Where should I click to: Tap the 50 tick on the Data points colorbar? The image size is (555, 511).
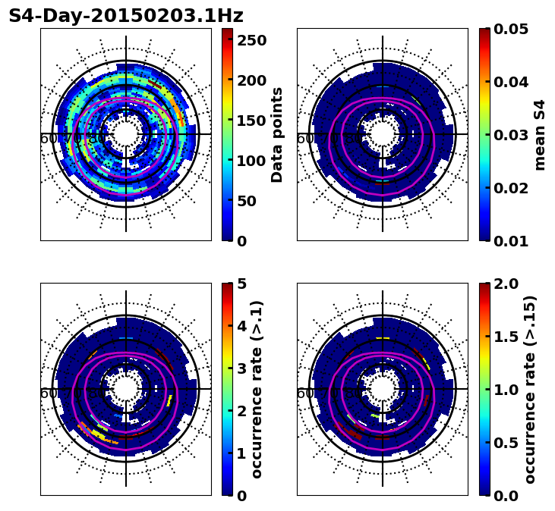coord(248,201)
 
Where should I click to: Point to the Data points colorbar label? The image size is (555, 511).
coord(277,134)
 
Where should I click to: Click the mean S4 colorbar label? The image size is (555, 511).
coord(540,134)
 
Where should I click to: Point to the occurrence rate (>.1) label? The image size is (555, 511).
coord(257,389)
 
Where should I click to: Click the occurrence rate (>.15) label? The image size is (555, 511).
coord(530,389)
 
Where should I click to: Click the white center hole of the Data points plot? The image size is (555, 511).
coord(126,134)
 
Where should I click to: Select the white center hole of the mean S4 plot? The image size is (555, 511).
coord(383,134)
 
